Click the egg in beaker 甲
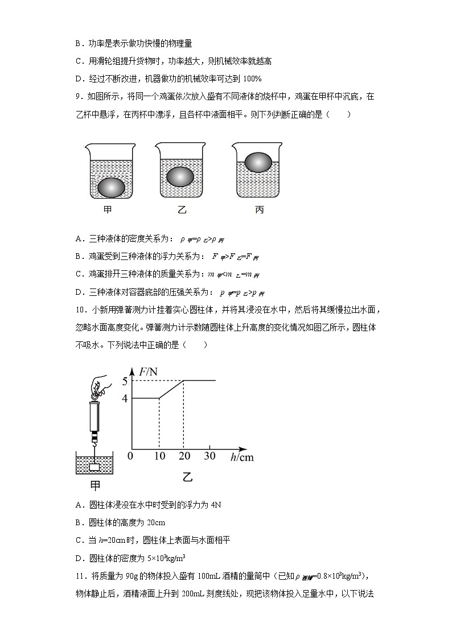click(111, 187)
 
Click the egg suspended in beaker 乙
click(182, 177)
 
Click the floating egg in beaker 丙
click(258, 162)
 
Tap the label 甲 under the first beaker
click(108, 209)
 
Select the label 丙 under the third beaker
click(259, 209)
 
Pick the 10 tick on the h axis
click(159, 456)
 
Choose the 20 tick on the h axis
click(183, 456)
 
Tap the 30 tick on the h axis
click(209, 456)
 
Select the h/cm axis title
click(242, 457)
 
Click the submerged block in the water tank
click(94, 467)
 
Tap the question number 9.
click(78, 97)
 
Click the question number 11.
click(80, 575)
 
